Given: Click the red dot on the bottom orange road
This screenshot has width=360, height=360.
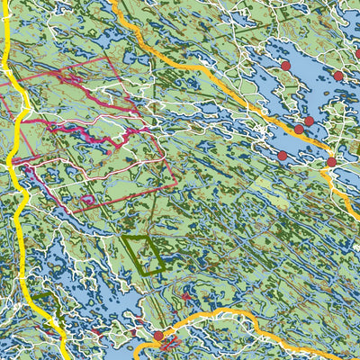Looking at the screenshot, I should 158,337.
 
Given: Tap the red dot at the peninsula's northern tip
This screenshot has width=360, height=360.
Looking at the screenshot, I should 285,66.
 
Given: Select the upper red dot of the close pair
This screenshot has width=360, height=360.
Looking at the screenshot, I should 309,121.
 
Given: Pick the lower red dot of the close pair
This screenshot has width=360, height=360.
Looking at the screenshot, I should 299,130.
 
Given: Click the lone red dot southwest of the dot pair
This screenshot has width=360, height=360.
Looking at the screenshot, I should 283,156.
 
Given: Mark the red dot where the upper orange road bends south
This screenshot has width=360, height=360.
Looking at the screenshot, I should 330,162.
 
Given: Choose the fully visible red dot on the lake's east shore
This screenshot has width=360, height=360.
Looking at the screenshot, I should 338,76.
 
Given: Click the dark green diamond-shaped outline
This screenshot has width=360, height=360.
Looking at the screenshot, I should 145,254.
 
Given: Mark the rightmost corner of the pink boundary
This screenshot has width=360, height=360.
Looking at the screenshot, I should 175,184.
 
